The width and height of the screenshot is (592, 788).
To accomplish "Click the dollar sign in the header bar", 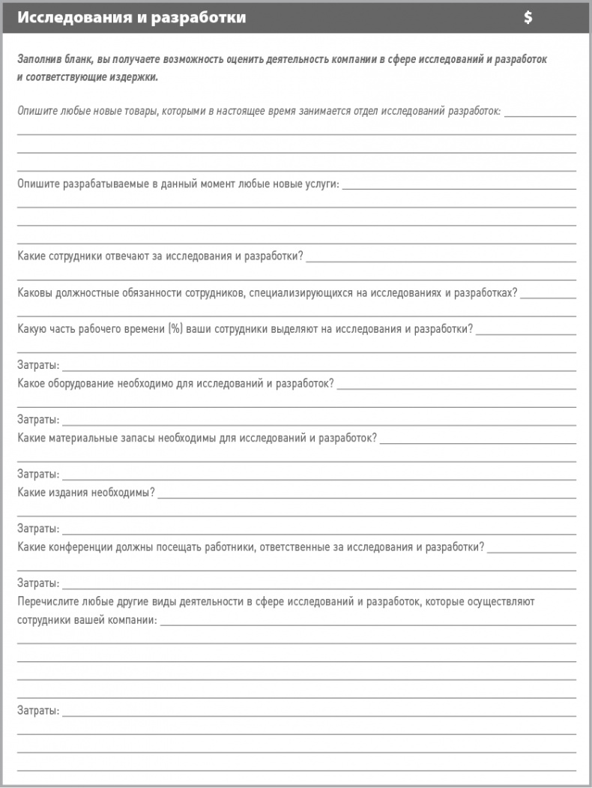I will [528, 18].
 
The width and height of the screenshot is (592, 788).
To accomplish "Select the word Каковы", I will [35, 292].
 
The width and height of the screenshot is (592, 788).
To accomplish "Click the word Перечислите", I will [48, 601].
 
